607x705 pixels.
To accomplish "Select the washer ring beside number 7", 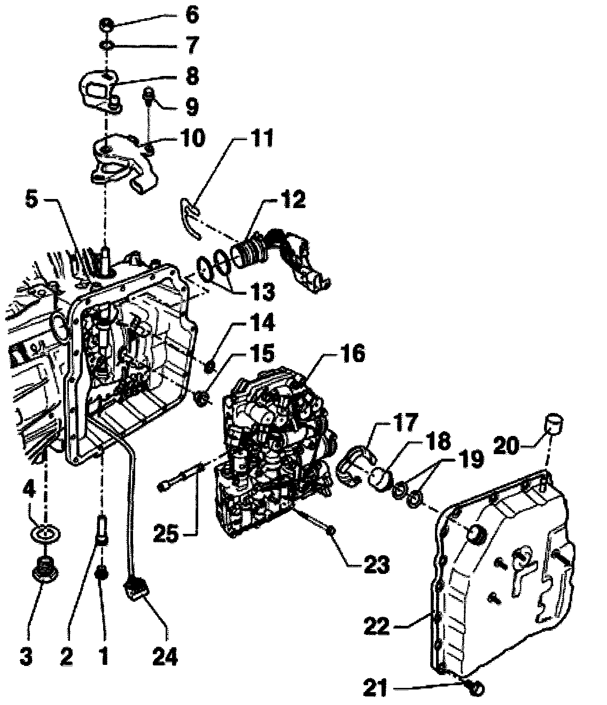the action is [107, 45].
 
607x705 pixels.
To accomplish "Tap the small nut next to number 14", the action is [211, 367].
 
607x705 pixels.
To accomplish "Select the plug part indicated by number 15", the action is [202, 399].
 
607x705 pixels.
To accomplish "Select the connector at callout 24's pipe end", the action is [137, 590].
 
